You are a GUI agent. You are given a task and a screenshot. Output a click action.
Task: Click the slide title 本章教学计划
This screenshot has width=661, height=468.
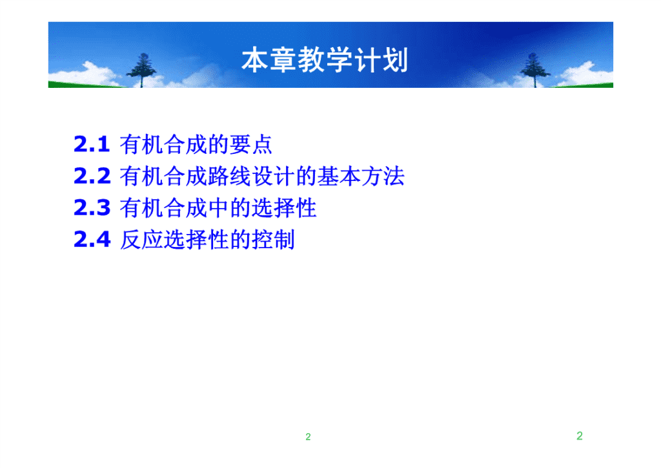pyautogui.click(x=325, y=60)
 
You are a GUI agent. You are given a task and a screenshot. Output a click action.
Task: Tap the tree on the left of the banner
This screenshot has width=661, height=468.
pyautogui.click(x=142, y=70)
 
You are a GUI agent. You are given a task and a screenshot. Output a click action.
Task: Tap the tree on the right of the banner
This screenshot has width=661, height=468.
pyautogui.click(x=534, y=70)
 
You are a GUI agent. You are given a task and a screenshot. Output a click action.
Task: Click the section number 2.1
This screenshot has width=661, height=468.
pyautogui.click(x=92, y=144)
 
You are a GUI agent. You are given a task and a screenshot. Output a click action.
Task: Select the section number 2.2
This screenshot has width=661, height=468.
pyautogui.click(x=92, y=176)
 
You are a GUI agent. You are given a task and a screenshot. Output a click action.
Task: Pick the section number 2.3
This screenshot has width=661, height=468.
pyautogui.click(x=92, y=207)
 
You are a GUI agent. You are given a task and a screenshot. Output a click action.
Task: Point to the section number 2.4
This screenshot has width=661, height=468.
pyautogui.click(x=92, y=239)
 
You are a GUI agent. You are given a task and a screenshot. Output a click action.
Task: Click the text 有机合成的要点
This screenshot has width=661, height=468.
pyautogui.click(x=196, y=145)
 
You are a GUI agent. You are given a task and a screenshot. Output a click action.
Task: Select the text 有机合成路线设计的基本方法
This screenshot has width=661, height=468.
pyautogui.click(x=262, y=176)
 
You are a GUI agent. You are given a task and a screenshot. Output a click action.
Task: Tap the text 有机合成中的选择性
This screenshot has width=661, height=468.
pyautogui.click(x=218, y=208)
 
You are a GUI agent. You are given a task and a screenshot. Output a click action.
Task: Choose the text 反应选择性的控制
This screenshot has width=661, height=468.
pyautogui.click(x=207, y=240)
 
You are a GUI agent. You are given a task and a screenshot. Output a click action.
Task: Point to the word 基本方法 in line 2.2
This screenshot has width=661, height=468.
pyautogui.click(x=361, y=176)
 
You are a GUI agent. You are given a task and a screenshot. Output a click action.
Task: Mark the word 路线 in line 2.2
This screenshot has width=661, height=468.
pyautogui.click(x=229, y=176)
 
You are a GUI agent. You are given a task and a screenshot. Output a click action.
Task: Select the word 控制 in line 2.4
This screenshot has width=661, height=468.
pyautogui.click(x=273, y=240)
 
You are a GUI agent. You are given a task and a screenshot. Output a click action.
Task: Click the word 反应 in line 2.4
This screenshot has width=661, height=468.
pyautogui.click(x=141, y=240)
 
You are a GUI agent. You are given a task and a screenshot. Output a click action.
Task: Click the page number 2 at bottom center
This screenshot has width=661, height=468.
pyautogui.click(x=308, y=437)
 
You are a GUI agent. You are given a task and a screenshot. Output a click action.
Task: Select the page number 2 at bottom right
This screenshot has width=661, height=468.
pyautogui.click(x=580, y=436)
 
